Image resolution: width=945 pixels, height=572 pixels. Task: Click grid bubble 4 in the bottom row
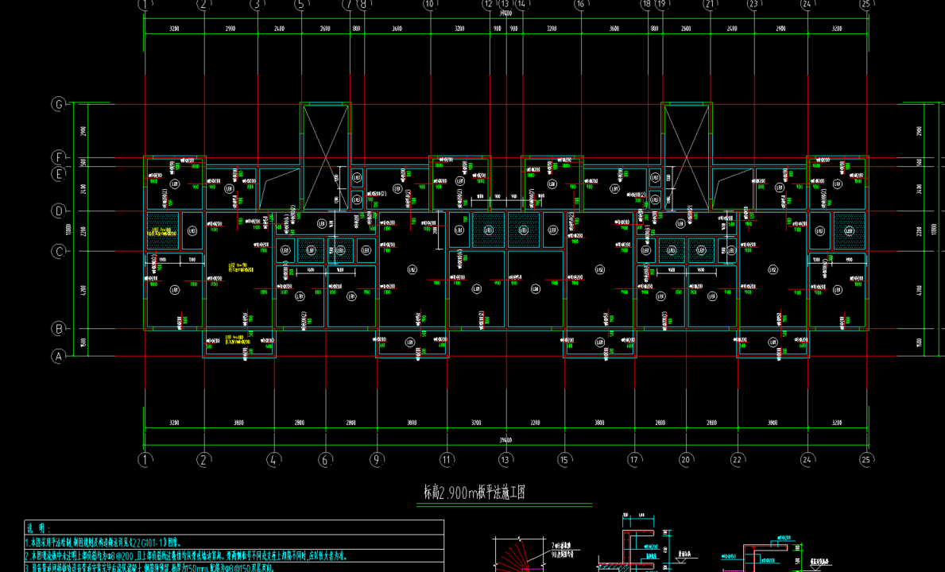coord(273,459)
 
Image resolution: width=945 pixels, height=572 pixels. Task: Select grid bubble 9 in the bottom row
coord(376,459)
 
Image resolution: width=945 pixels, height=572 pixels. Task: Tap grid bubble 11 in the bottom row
coord(447,459)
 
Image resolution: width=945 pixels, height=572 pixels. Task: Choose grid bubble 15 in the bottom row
coord(564,459)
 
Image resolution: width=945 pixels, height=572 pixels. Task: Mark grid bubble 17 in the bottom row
coord(634,459)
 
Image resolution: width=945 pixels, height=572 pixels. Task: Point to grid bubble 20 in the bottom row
coord(686,459)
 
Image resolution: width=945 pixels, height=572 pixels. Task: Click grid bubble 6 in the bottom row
coord(324,459)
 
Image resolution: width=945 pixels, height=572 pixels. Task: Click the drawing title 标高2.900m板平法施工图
coord(473,493)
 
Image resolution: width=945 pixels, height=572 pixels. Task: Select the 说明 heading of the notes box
coord(38,528)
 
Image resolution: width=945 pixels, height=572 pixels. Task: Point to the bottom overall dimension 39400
coord(505,439)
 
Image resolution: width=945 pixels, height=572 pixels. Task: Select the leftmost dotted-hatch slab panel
coord(163,227)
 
